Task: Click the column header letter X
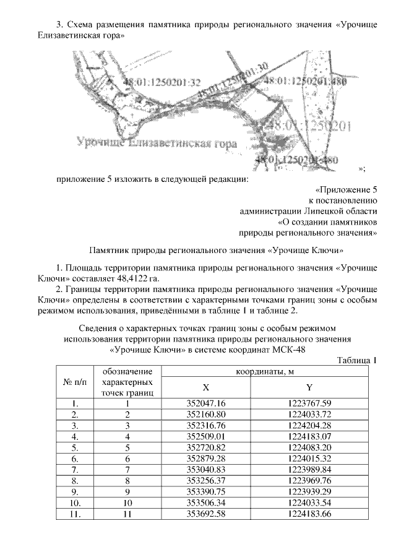point(206,386)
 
